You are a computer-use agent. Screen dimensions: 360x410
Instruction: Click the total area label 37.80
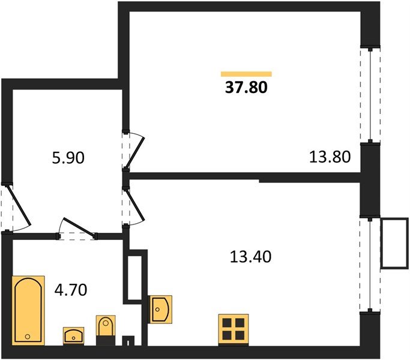246,88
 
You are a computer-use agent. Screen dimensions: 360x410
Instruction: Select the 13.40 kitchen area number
250,257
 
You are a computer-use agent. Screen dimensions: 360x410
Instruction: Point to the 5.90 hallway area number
67,158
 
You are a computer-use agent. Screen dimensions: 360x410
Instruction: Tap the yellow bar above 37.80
246,74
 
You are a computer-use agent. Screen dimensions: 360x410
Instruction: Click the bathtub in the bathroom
28,310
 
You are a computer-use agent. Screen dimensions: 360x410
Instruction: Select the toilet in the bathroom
105,329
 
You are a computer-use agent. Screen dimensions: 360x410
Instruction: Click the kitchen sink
161,309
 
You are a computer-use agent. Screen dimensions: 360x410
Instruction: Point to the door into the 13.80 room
133,150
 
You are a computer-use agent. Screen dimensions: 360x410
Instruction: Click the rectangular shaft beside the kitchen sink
135,278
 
